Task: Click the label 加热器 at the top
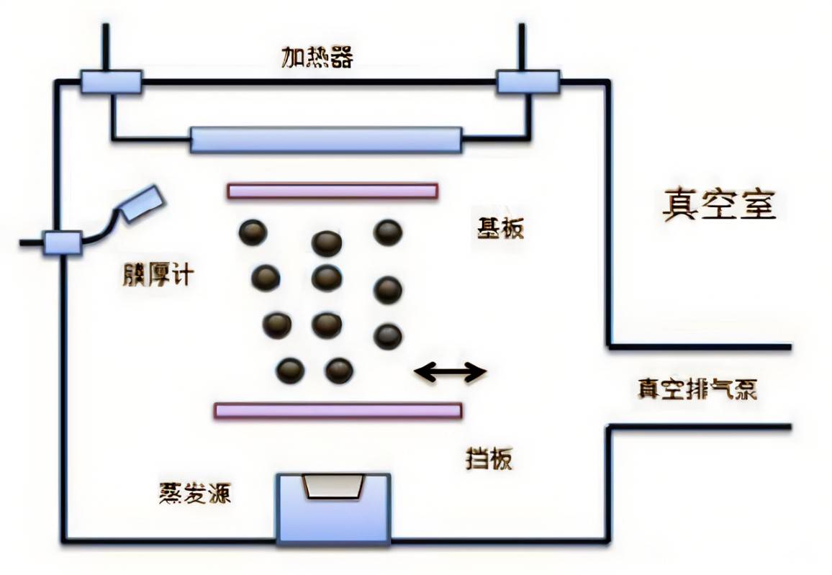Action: point(317,57)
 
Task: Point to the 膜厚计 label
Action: point(158,274)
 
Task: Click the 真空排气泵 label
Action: point(697,389)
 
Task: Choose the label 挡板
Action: point(489,458)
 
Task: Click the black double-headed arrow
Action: point(451,371)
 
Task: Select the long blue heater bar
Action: point(325,140)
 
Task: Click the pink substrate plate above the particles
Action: point(332,191)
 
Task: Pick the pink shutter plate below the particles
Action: point(338,410)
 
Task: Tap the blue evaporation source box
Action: point(334,508)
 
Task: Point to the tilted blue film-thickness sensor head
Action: point(141,202)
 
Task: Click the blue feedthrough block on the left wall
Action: point(63,242)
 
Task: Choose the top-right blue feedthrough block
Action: point(528,81)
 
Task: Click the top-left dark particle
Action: point(253,232)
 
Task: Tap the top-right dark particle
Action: point(387,232)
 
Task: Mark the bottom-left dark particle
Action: point(290,371)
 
